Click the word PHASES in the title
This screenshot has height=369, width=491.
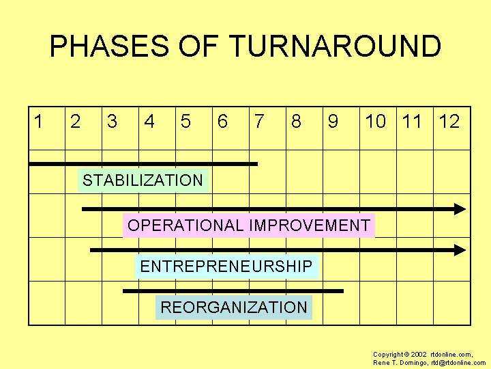109,46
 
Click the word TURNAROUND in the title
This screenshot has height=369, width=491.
335,46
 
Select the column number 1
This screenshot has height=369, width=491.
38,122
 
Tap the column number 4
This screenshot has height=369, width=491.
149,122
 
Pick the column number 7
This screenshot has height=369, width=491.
260,122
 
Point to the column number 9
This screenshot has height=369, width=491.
333,122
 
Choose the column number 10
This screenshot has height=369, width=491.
376,122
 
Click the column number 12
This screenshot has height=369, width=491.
449,122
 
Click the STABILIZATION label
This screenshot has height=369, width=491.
143,180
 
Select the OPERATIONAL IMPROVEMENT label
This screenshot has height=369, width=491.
249,225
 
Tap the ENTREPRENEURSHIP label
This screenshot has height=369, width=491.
226,266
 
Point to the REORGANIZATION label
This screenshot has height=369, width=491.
234,307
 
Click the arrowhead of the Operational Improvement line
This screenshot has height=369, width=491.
460,209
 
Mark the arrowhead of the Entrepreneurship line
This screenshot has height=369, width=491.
460,250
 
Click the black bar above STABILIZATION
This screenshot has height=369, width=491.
143,164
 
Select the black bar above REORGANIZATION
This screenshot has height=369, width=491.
233,291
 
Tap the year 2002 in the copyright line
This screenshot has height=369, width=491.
419,355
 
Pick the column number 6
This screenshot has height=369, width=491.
222,122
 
